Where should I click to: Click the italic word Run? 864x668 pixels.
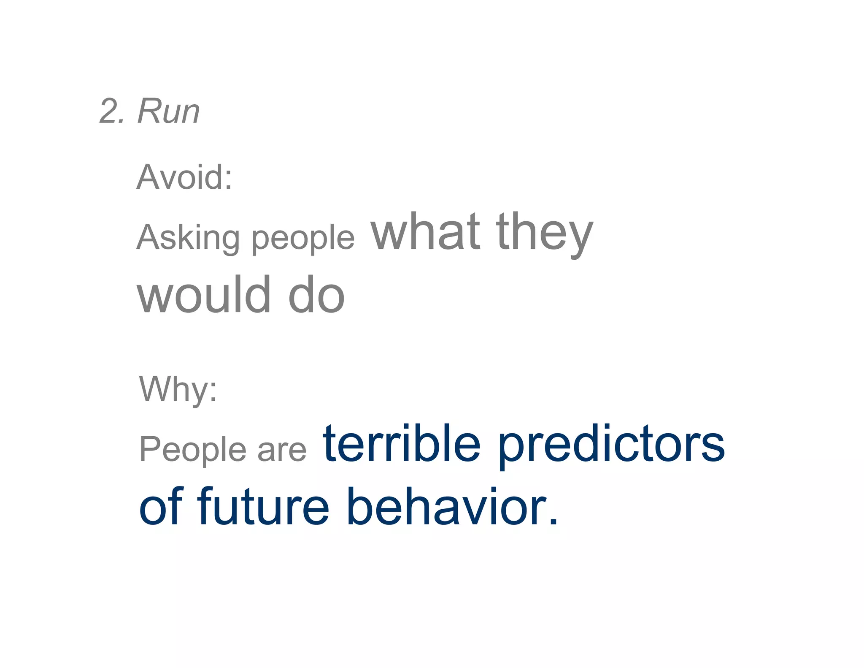pos(168,111)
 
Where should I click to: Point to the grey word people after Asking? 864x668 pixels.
pos(303,239)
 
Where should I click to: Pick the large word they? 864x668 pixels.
pos(544,233)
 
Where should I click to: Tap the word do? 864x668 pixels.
pos(316,295)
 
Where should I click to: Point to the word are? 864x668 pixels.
pos(282,451)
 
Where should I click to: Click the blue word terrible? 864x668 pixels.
pos(401,444)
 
